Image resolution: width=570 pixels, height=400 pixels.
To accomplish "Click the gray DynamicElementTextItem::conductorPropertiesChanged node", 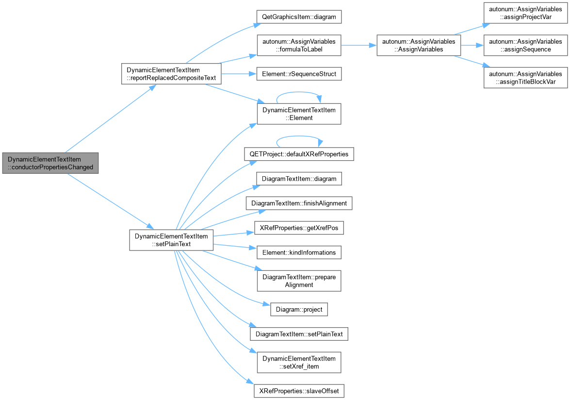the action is pyautogui.click(x=50, y=163).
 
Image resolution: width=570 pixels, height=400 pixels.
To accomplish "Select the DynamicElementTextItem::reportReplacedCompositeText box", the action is pyautogui.click(x=171, y=74).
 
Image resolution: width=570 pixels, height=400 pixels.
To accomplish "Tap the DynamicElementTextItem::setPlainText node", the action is pyautogui.click(x=171, y=240).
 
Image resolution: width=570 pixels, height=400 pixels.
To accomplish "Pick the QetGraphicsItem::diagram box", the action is pyautogui.click(x=299, y=17).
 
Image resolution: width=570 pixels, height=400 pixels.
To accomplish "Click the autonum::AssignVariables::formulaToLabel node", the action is pyautogui.click(x=299, y=46).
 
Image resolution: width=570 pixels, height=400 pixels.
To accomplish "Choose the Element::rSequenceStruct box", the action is pyautogui.click(x=299, y=74).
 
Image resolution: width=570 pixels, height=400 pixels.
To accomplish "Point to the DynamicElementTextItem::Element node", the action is pyautogui.click(x=299, y=114).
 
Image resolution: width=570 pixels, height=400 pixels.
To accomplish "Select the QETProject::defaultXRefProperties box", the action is pyautogui.click(x=299, y=154).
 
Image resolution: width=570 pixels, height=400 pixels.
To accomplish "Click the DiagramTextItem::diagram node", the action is pyautogui.click(x=299, y=179).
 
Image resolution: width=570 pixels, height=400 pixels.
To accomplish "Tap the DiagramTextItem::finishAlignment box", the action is pyautogui.click(x=299, y=203).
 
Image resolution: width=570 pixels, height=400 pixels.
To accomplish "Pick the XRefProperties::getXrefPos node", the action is pyautogui.click(x=299, y=228).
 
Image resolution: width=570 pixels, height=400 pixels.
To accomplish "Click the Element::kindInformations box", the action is pyautogui.click(x=299, y=252).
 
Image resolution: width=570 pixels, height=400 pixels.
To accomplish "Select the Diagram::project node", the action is pyautogui.click(x=299, y=309).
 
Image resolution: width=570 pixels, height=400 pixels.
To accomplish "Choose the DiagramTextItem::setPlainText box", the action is pyautogui.click(x=299, y=334).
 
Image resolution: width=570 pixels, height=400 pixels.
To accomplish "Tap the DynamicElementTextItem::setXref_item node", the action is pyautogui.click(x=299, y=362).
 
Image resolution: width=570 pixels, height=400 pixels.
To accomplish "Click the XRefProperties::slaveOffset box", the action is pyautogui.click(x=299, y=391).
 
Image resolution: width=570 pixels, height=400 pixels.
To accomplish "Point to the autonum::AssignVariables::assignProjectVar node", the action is pyautogui.click(x=525, y=13).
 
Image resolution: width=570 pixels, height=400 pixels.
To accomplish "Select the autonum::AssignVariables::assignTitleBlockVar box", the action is pyautogui.click(x=525, y=78).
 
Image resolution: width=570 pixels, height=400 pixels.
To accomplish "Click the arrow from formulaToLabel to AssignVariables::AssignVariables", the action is pyautogui.click(x=359, y=46).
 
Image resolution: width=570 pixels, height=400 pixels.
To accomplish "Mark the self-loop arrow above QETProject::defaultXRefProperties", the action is pyautogui.click(x=299, y=136).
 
